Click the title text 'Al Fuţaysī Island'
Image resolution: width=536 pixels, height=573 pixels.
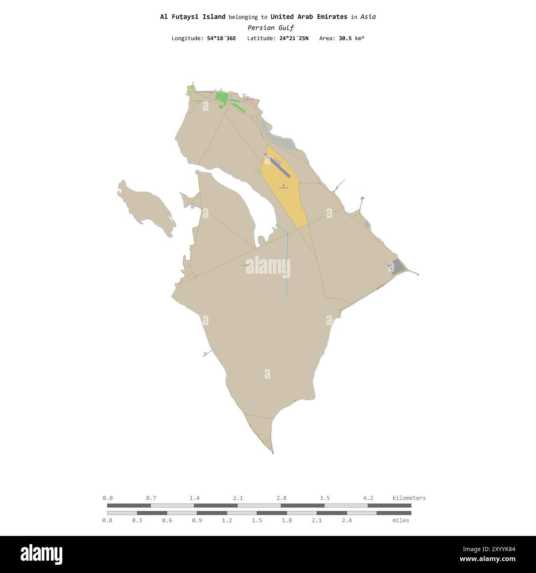click(x=193, y=17)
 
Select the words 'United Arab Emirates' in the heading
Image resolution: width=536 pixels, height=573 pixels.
click(x=309, y=17)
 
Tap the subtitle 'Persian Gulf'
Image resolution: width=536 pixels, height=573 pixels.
click(x=270, y=28)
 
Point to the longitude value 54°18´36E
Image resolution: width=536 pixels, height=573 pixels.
click(x=221, y=38)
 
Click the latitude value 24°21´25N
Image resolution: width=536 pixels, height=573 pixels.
click(x=294, y=38)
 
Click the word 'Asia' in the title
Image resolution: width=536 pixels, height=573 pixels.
click(x=368, y=17)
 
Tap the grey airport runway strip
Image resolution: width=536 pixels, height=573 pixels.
click(x=277, y=165)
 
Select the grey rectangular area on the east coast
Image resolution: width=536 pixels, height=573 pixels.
click(x=397, y=267)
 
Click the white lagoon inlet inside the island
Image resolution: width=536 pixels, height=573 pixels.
click(x=243, y=198)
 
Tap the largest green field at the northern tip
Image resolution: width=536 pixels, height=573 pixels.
click(x=221, y=98)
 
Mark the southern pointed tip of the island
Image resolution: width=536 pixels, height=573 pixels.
click(x=273, y=453)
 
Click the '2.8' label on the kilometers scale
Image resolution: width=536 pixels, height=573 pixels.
click(x=282, y=498)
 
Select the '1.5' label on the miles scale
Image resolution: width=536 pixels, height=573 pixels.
click(x=257, y=520)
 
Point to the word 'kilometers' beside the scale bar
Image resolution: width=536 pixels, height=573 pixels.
click(x=409, y=498)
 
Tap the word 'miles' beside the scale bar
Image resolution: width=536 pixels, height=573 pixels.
click(x=401, y=520)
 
